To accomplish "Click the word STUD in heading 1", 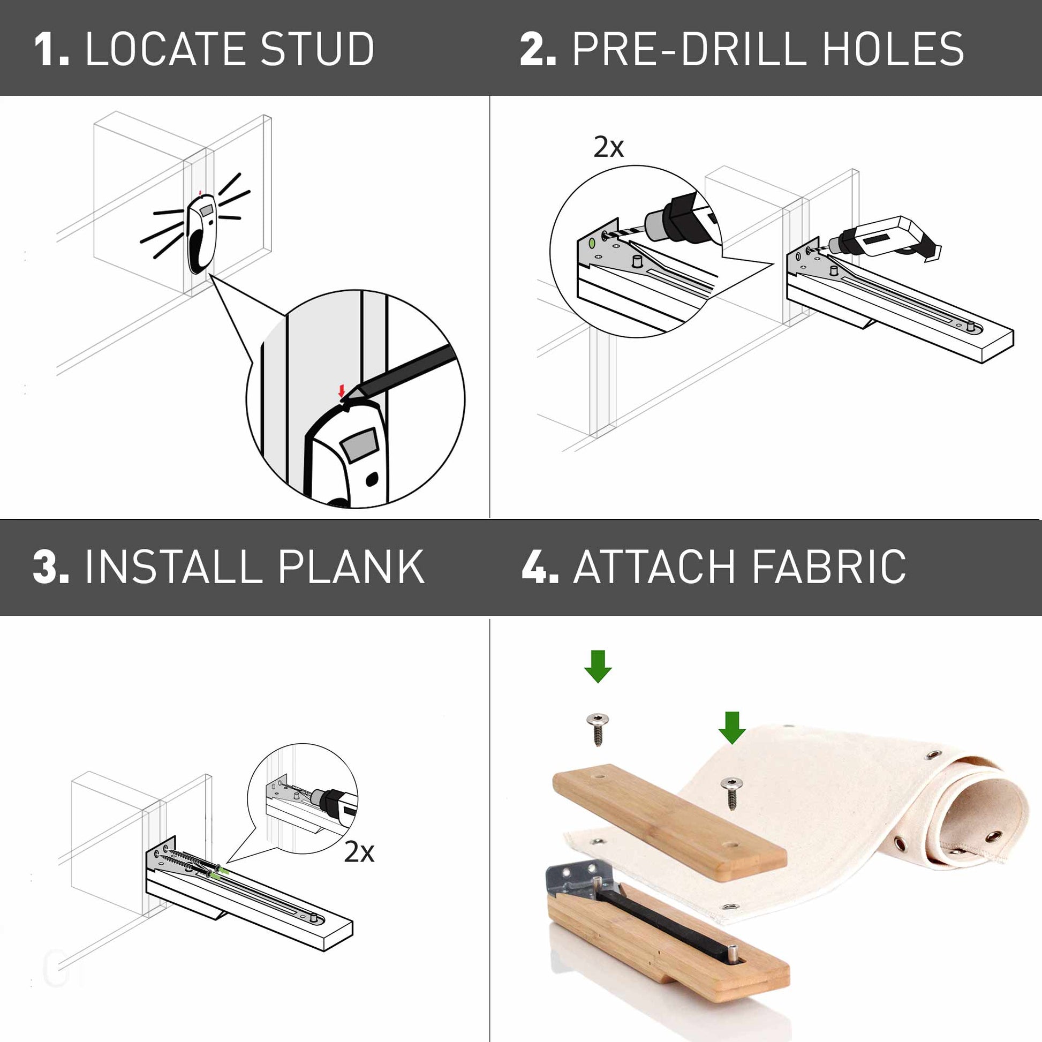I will coord(318,49).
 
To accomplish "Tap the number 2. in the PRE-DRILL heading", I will coord(538,49).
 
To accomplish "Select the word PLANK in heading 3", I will coord(351,567).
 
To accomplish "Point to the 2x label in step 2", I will coord(608,147).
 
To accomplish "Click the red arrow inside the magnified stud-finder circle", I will coord(341,390).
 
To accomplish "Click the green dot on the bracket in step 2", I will coord(593,243).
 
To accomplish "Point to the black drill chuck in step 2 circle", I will coord(684,213).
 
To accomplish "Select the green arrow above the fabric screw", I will coord(732,727).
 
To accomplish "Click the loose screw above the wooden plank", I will coord(597,728).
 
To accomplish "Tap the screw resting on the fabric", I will coord(731,792).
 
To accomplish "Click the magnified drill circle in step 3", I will coord(302,799).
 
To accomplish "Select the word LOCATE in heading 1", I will coord(162,49).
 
